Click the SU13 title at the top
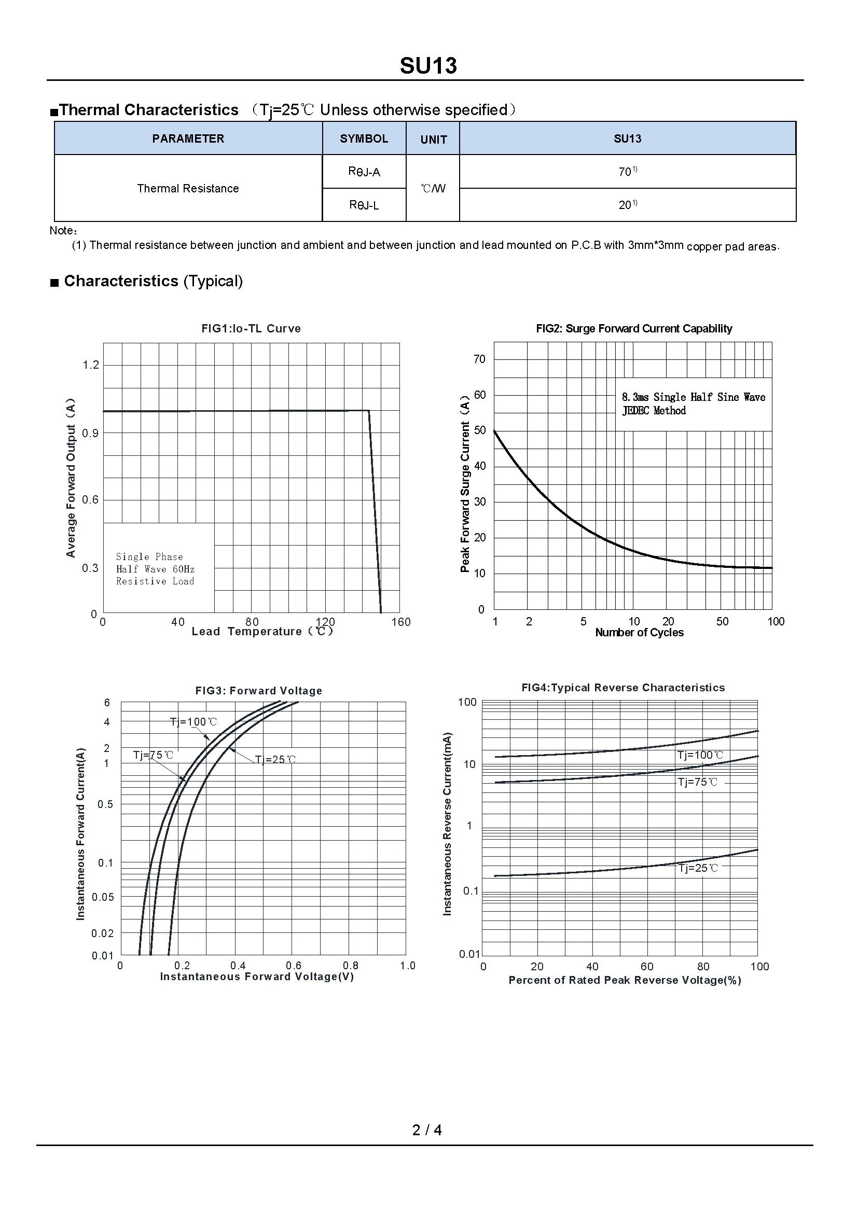(428, 66)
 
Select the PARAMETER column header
(188, 138)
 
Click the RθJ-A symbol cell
(364, 172)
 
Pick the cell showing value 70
(627, 172)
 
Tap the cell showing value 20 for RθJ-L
(627, 205)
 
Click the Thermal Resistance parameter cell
(188, 189)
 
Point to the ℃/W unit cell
(433, 189)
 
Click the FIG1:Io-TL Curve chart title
(251, 329)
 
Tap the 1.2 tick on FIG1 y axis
(91, 365)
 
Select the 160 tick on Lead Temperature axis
(400, 622)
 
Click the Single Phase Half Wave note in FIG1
(155, 569)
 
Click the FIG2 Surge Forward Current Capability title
(633, 329)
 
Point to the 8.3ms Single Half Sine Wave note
(693, 403)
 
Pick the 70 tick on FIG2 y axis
(479, 359)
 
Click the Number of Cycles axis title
(639, 632)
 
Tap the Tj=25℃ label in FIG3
(275, 760)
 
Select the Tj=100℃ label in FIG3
(193, 722)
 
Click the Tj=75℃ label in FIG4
(697, 782)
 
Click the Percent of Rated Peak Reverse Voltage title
(625, 980)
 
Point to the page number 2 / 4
(427, 1130)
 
